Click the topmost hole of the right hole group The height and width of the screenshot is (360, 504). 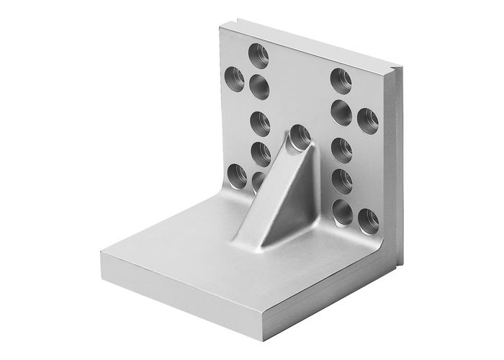pyautogui.click(x=339, y=78)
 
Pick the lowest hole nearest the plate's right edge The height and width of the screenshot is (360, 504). pyautogui.click(x=367, y=218)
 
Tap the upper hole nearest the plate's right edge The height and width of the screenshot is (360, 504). pyautogui.click(x=367, y=117)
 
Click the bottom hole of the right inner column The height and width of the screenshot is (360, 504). pyautogui.click(x=341, y=209)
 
